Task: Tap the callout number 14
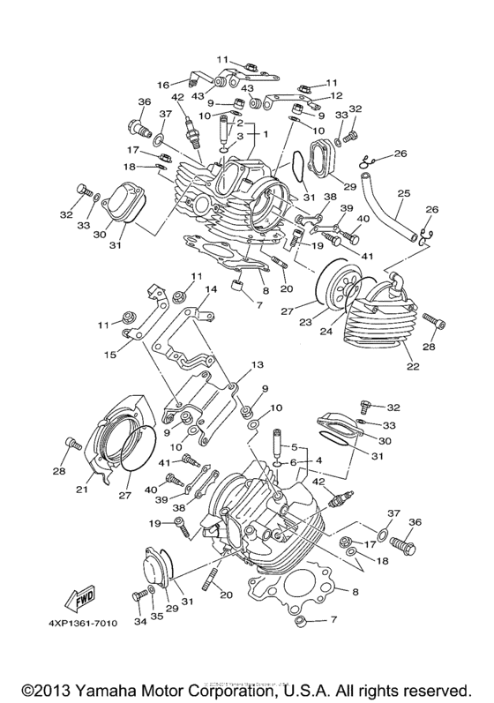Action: [211, 289]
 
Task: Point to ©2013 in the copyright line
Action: [48, 685]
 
